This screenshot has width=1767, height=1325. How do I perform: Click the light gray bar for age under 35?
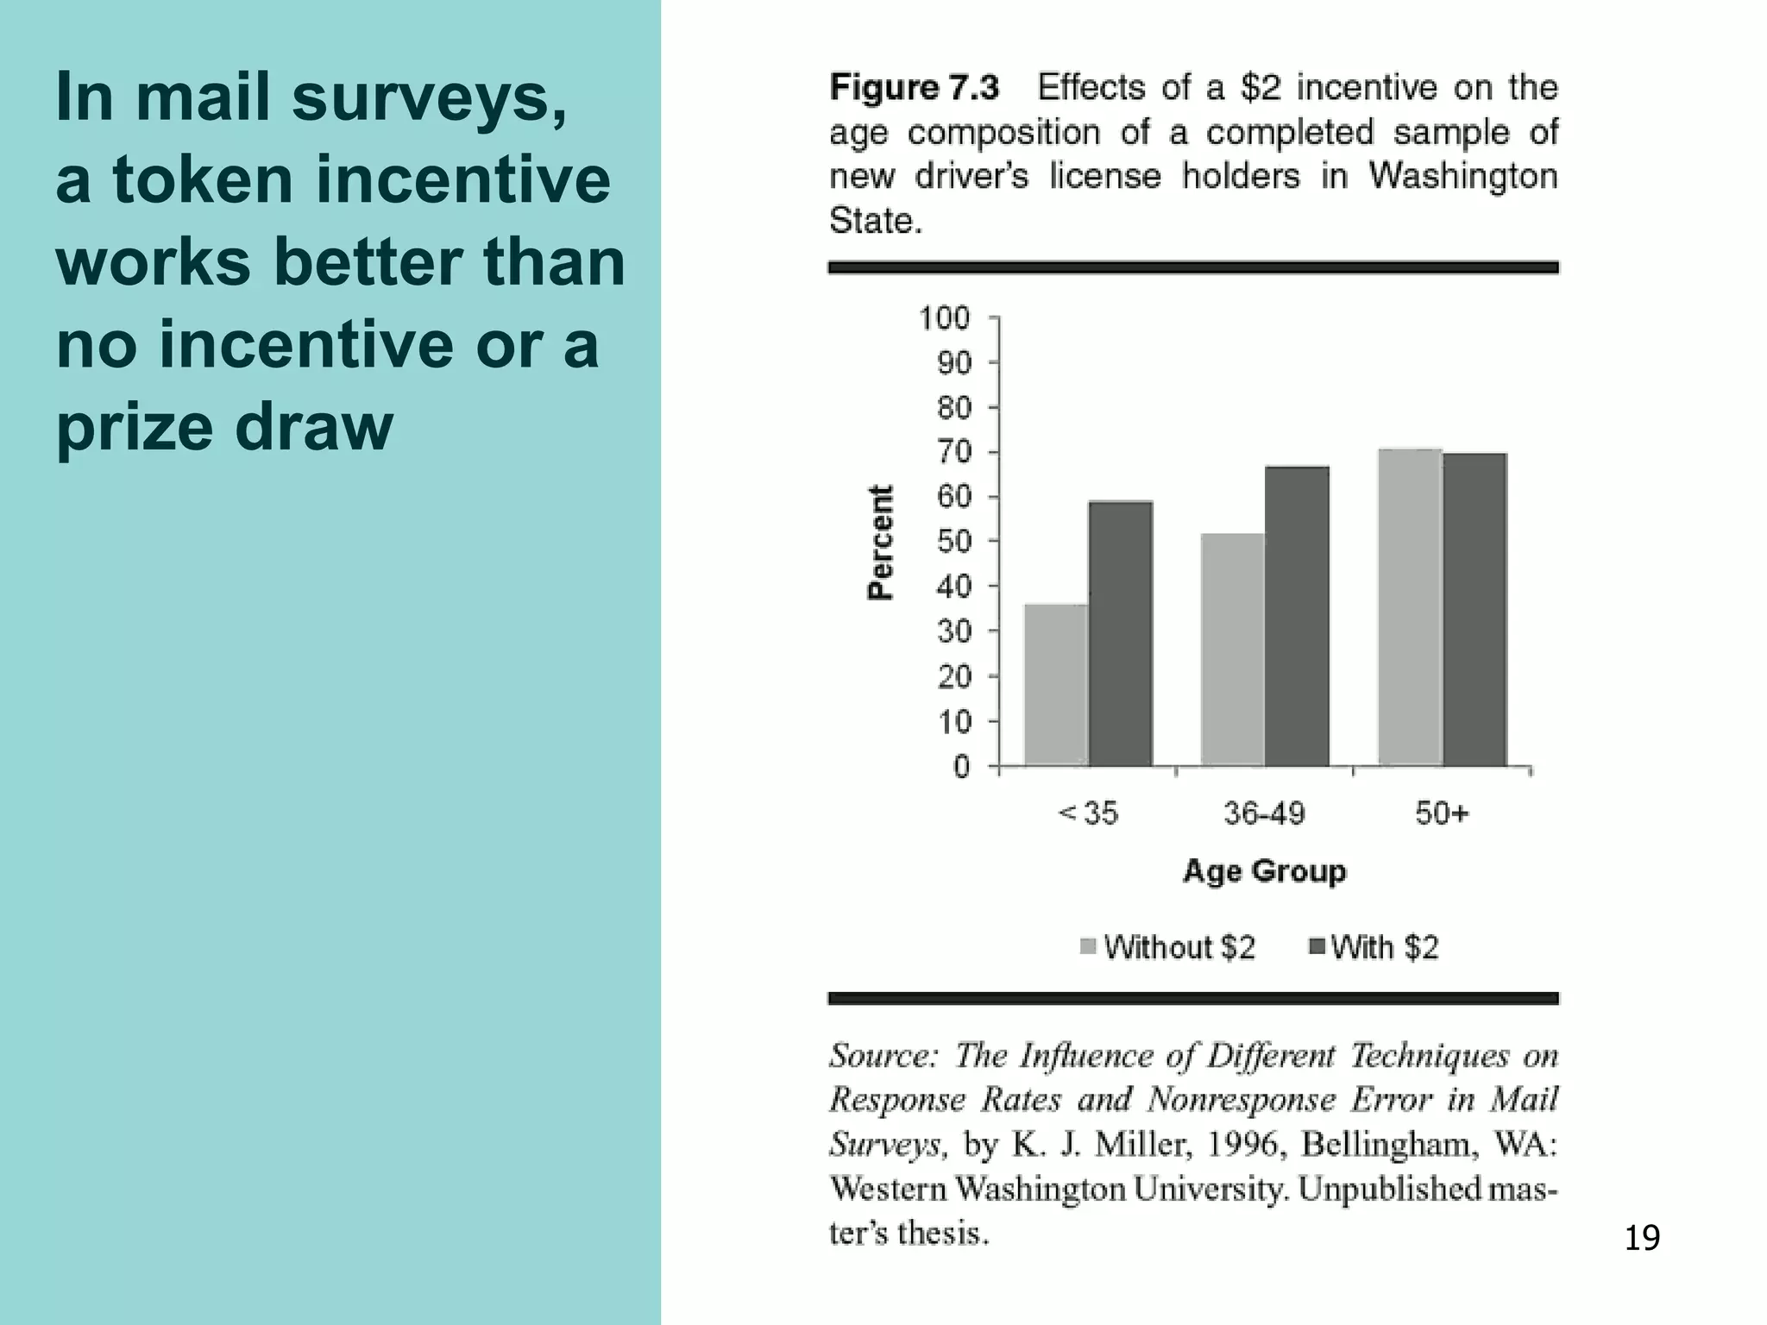tap(1056, 685)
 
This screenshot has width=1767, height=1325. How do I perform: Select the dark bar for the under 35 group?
tap(1120, 633)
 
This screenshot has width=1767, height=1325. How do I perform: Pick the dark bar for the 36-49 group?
tap(1297, 616)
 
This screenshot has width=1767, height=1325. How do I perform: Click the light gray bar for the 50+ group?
tap(1410, 607)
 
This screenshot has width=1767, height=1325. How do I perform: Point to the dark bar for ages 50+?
tap(1475, 609)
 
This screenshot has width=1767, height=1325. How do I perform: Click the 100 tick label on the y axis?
tap(944, 318)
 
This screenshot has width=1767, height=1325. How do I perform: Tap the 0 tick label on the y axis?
tap(962, 766)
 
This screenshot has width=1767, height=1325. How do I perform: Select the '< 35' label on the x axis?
tap(1088, 813)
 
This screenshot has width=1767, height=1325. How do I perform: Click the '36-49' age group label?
tap(1264, 813)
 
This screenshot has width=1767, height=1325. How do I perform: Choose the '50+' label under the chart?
tap(1441, 813)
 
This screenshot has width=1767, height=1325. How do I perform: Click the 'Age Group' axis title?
tap(1264, 871)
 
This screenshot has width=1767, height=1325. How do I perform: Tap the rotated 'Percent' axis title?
tap(879, 542)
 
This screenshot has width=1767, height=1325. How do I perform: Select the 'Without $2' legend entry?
tap(1169, 947)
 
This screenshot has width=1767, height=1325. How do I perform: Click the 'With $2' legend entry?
tap(1375, 947)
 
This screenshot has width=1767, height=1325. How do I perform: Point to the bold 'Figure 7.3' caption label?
tap(914, 87)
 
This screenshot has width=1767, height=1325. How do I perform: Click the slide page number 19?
tap(1641, 1238)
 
